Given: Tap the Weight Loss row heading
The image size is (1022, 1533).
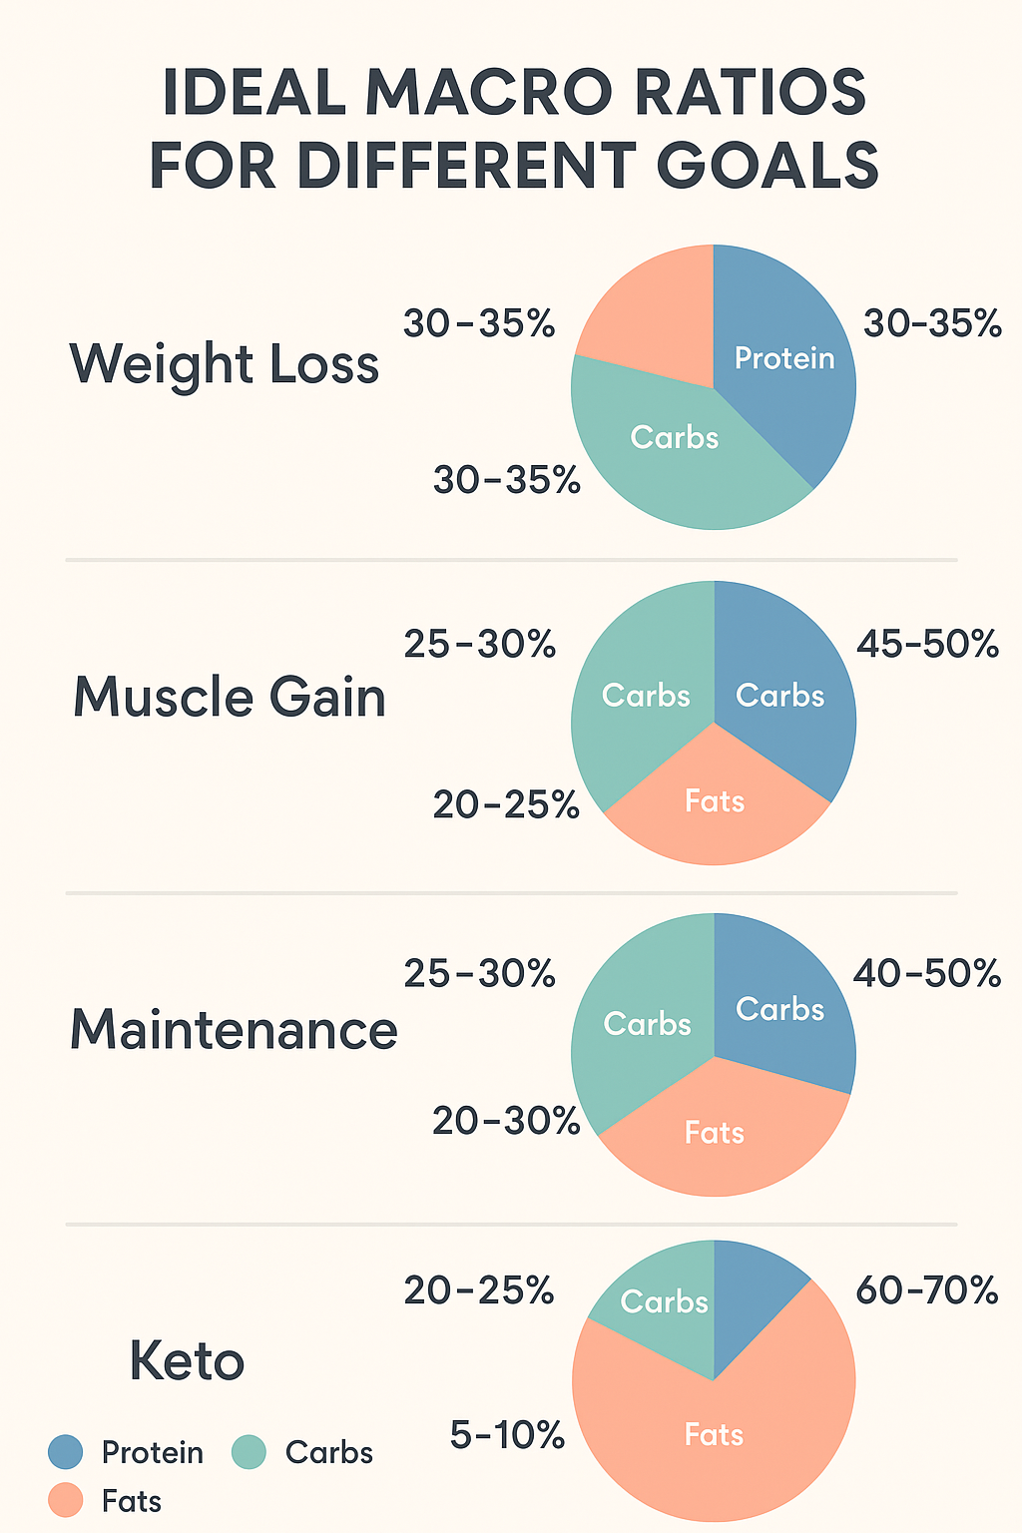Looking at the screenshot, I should (x=225, y=364).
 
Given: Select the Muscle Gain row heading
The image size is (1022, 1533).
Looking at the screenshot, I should (x=230, y=697).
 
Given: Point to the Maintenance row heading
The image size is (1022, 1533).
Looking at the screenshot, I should (x=234, y=1029).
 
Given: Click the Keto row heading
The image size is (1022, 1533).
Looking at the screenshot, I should (x=187, y=1361).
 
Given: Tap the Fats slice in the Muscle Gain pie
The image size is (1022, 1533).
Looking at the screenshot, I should (x=715, y=808).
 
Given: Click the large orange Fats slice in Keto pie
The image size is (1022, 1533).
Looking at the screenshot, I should (x=715, y=1437).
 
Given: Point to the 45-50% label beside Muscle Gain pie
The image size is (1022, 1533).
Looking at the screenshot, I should (x=927, y=645).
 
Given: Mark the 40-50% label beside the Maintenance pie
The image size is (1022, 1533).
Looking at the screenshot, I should (x=926, y=973).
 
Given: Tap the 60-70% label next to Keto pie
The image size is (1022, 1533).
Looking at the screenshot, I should (x=927, y=1291).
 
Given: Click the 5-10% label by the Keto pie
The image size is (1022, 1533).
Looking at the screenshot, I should (x=507, y=1436).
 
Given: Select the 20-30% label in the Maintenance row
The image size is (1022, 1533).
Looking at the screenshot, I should (x=506, y=1122).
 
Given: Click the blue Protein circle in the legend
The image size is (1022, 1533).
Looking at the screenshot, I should (x=66, y=1452).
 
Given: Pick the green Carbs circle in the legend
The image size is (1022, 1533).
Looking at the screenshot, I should (x=249, y=1452).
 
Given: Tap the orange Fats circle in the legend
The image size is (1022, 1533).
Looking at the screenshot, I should (x=66, y=1501).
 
